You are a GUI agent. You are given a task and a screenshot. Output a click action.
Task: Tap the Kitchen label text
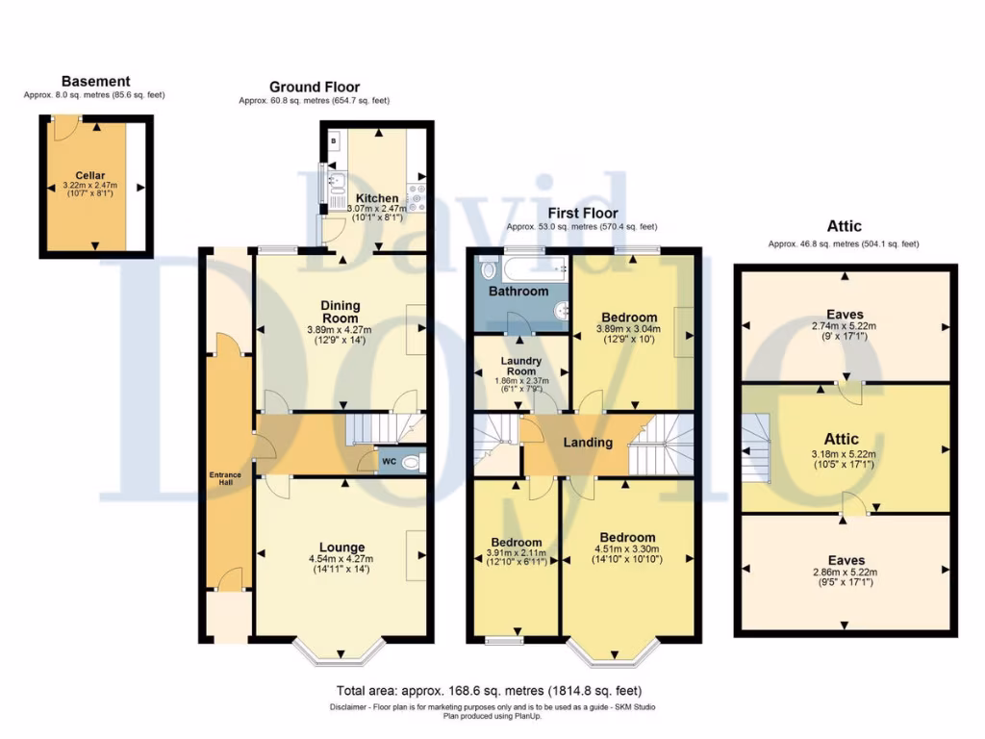click(x=375, y=198)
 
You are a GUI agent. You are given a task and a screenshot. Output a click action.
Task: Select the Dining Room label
click(x=340, y=312)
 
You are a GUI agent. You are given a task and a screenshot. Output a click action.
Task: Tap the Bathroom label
click(x=518, y=291)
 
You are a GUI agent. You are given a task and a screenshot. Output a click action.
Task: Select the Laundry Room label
click(x=523, y=367)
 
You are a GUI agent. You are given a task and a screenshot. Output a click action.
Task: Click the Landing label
click(x=588, y=443)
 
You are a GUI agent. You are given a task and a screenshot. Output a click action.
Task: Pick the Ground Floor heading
click(x=314, y=88)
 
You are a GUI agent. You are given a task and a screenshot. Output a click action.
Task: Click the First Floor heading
click(x=582, y=214)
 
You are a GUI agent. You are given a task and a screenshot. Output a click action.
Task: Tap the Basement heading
click(x=95, y=82)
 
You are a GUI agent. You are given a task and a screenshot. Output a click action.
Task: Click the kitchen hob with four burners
click(x=417, y=197)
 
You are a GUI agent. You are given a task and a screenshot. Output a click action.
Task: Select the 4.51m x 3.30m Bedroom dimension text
click(x=627, y=550)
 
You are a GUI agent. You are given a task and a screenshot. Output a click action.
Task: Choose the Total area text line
click(x=489, y=691)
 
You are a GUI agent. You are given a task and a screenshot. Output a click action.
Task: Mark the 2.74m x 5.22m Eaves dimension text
click(x=843, y=326)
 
